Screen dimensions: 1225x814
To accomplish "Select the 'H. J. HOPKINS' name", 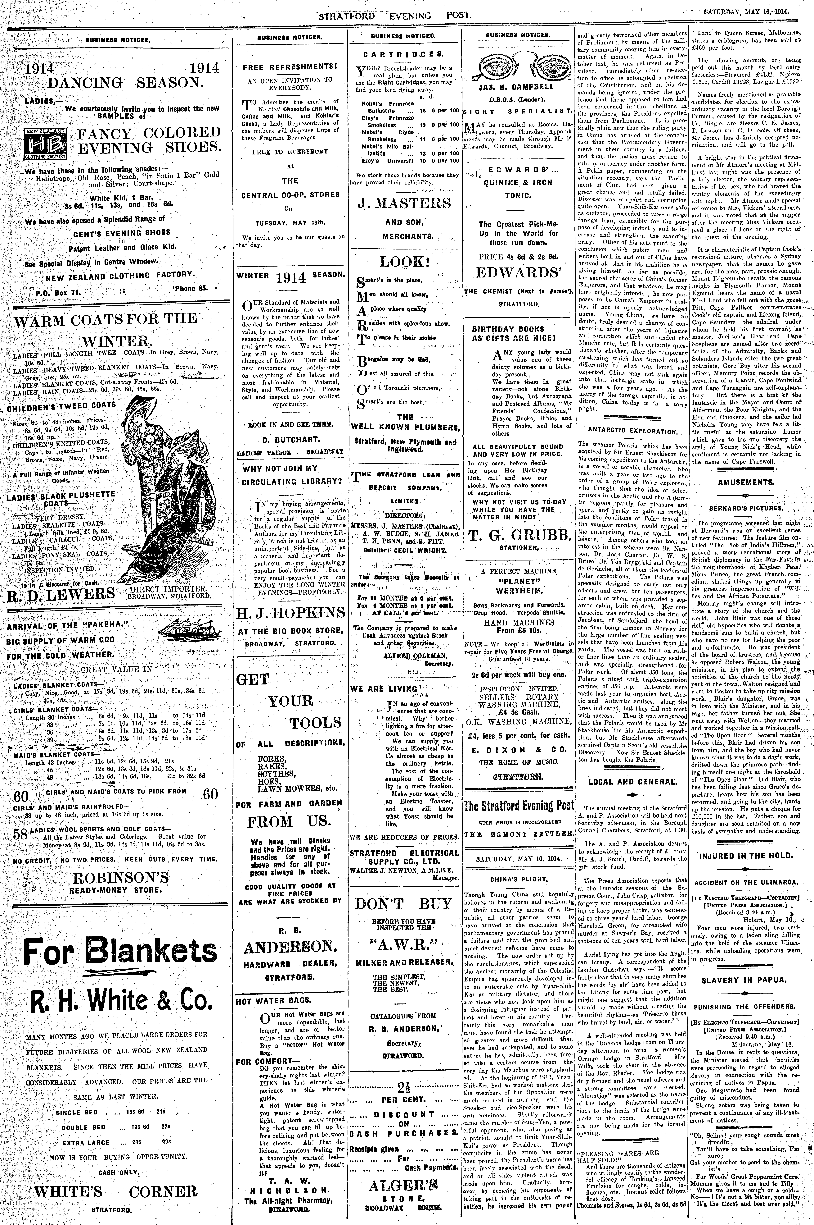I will coord(291,614).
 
